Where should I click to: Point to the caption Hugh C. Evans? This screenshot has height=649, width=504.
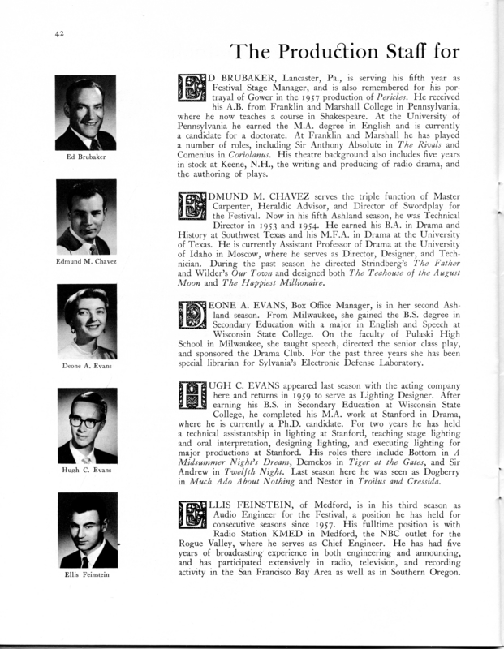pyautogui.click(x=85, y=471)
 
